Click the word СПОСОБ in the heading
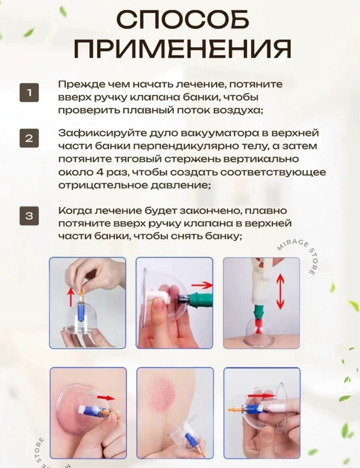click(x=182, y=20)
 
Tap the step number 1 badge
click(x=29, y=92)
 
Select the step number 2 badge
click(x=29, y=138)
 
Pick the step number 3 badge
click(x=29, y=215)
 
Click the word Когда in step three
click(x=75, y=211)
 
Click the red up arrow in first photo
click(x=71, y=296)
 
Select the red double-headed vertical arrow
click(x=280, y=291)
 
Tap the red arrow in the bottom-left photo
click(x=106, y=398)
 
